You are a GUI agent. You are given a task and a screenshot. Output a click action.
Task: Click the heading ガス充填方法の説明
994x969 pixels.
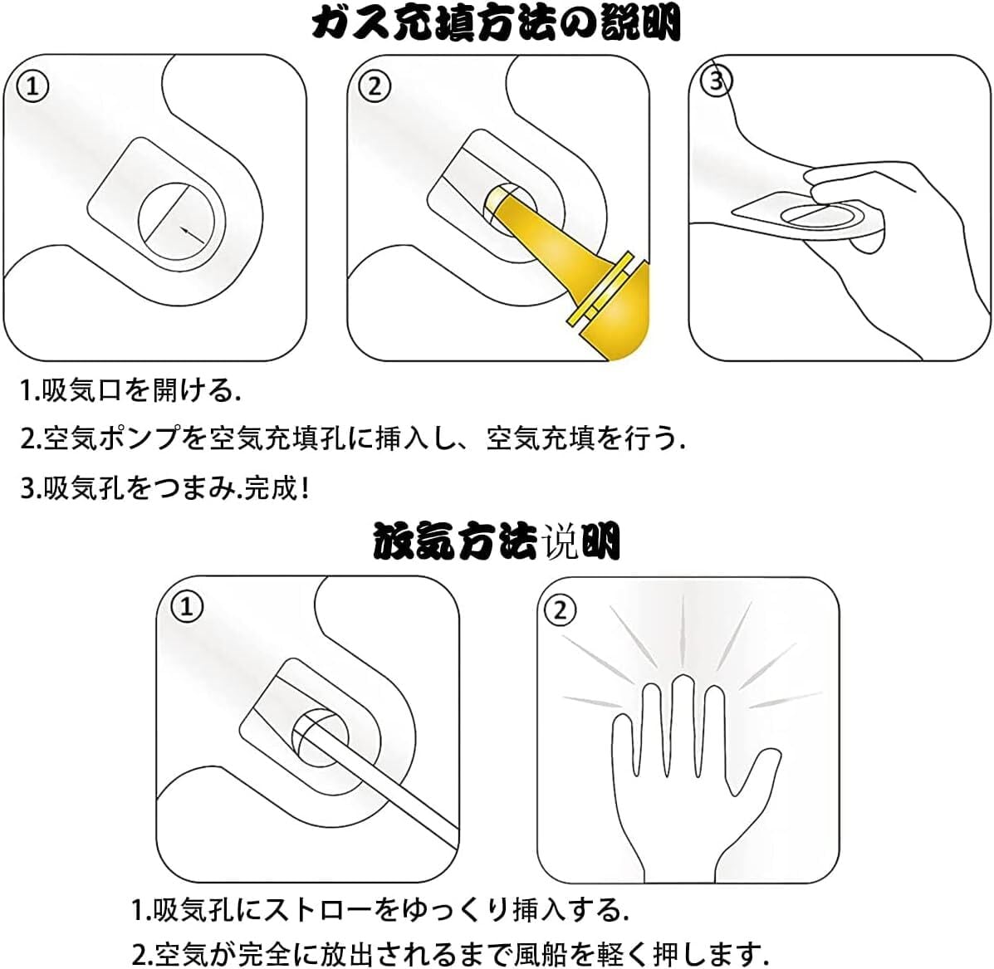click(x=497, y=24)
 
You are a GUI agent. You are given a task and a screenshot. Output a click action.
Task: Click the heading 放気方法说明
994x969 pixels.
click(x=497, y=541)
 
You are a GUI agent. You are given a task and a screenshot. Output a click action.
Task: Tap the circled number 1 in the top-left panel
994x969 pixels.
click(x=32, y=86)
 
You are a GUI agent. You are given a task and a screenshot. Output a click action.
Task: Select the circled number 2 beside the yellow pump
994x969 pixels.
click(x=375, y=86)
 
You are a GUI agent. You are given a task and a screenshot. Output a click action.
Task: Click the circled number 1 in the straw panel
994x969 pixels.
click(x=187, y=607)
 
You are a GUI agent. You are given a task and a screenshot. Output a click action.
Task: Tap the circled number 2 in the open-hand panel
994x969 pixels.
click(x=561, y=611)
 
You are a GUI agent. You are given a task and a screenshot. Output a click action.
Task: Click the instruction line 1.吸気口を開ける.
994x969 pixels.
click(x=130, y=391)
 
